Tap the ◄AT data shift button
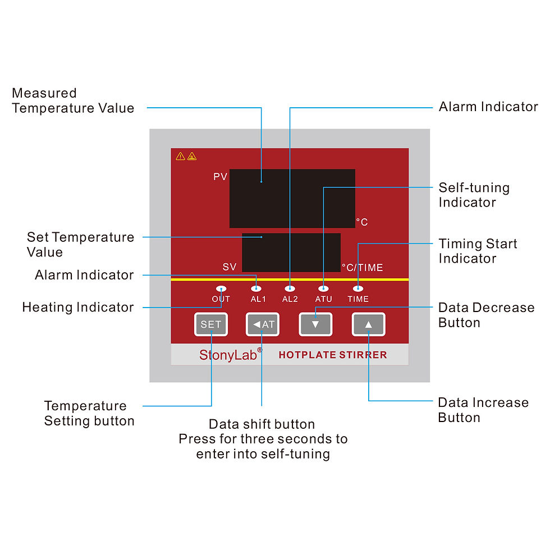tap(262, 324)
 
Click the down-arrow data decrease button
tap(315, 324)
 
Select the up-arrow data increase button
tap(369, 324)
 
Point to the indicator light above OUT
tap(221, 288)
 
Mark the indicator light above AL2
tap(290, 288)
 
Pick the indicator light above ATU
tap(323, 288)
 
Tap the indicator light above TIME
tap(358, 288)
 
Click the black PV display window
tap(292, 198)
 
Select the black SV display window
tap(291, 253)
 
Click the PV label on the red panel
tap(220, 177)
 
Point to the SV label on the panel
tap(230, 267)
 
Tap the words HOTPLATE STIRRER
tap(333, 355)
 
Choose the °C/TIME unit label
tap(363, 268)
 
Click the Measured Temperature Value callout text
tap(73, 101)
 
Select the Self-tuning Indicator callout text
tap(474, 195)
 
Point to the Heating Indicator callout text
tap(78, 307)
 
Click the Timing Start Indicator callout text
tap(478, 251)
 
